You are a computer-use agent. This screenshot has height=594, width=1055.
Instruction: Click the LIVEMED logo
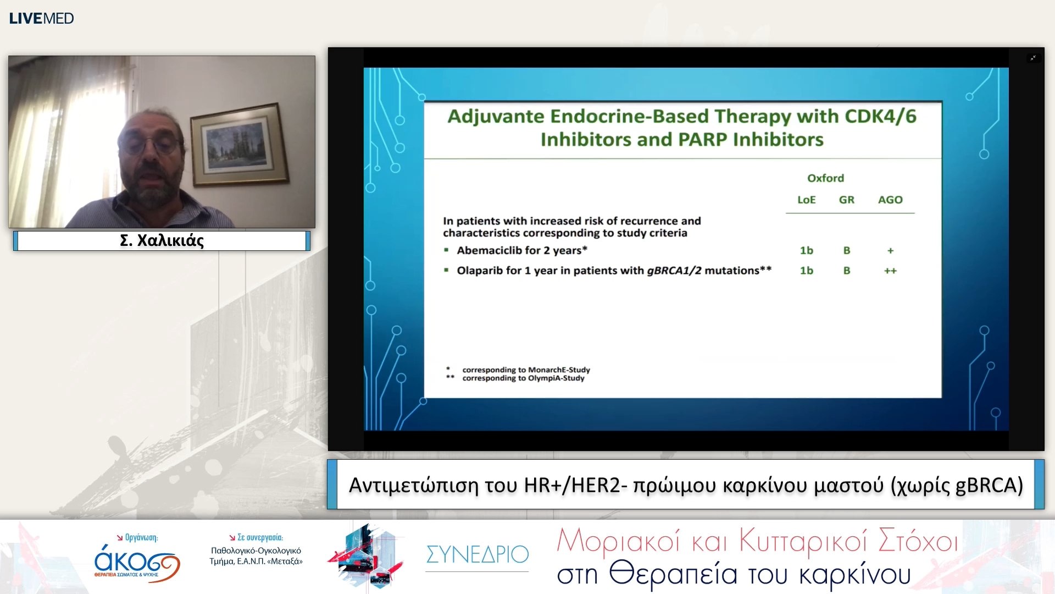tap(41, 18)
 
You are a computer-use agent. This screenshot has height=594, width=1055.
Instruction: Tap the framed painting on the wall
tap(240, 145)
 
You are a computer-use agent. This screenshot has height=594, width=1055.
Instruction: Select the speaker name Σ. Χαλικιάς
tap(162, 240)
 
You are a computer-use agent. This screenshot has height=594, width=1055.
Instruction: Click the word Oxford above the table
tap(825, 178)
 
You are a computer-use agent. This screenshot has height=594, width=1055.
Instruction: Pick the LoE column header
tap(806, 200)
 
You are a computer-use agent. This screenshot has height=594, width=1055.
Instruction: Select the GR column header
tap(846, 200)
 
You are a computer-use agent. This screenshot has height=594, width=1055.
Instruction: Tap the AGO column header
tap(890, 200)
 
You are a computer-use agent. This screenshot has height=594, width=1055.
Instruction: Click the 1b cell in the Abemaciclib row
tap(806, 250)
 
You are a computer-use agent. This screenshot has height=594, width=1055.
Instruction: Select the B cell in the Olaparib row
tap(847, 271)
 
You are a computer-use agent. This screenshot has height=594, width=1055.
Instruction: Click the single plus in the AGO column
tap(890, 251)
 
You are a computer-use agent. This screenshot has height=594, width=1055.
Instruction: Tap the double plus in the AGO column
tap(890, 271)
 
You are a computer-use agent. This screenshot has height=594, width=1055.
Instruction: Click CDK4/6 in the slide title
tap(880, 116)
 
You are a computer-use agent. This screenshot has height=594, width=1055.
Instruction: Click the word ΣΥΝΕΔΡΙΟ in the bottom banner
tap(477, 554)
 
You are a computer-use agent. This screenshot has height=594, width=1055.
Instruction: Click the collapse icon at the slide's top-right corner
tap(1033, 58)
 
